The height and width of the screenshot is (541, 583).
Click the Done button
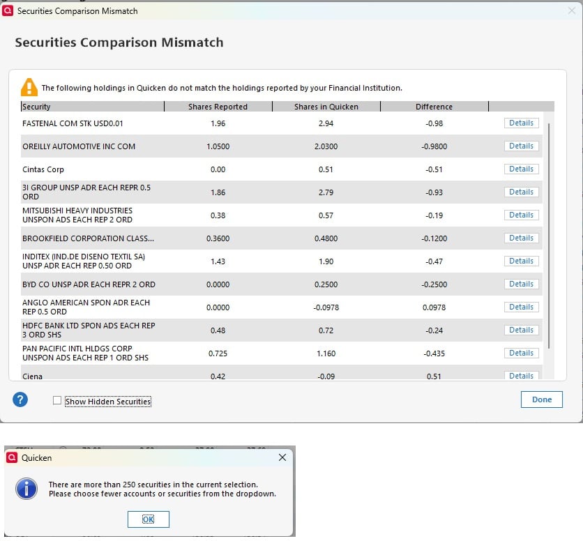[541, 399]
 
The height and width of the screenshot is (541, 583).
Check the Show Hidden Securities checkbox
[57, 401]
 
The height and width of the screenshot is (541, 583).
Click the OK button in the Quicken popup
[148, 519]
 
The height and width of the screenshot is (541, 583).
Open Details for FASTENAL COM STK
[521, 123]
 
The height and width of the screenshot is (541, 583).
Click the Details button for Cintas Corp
[521, 169]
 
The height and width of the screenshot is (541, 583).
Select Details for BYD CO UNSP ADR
[521, 284]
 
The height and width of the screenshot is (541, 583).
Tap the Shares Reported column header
[218, 107]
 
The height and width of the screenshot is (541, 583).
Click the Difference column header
[434, 107]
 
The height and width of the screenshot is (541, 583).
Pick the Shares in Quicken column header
[326, 107]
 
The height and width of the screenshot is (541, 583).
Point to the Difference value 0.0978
[434, 307]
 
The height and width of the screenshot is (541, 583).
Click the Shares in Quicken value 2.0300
[326, 146]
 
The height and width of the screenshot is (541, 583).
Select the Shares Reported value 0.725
[218, 353]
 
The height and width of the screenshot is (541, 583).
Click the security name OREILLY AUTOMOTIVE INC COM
[79, 146]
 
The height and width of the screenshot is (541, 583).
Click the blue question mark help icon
[21, 399]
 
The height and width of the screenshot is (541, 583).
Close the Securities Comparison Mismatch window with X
[571, 10]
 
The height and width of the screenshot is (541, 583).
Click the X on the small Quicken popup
[282, 458]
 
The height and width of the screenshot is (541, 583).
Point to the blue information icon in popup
[26, 489]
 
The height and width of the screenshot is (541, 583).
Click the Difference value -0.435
[434, 353]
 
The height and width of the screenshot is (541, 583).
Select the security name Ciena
[33, 376]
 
